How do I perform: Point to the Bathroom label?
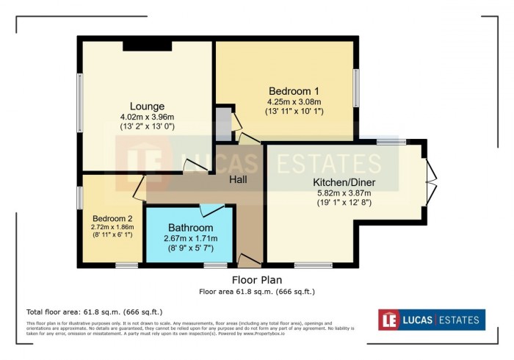click(x=190, y=227)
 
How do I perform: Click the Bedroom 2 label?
click(x=112, y=218)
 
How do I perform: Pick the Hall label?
click(x=237, y=179)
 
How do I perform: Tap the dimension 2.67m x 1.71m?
click(x=190, y=238)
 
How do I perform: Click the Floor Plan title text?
click(x=256, y=280)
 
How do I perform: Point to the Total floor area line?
click(x=94, y=312)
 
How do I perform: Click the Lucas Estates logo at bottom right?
click(x=431, y=320)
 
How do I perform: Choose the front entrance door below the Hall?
click(x=248, y=260)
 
